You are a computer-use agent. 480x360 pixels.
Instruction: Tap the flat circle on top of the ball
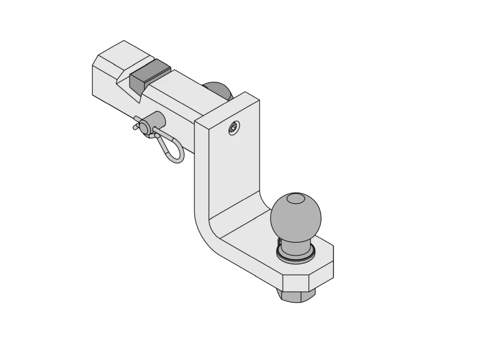point(295,200)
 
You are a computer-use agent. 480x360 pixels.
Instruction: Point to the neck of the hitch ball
point(294,245)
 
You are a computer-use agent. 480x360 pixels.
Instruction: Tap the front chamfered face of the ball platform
point(296,282)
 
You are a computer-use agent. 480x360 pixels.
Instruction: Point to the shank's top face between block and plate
point(180,89)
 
